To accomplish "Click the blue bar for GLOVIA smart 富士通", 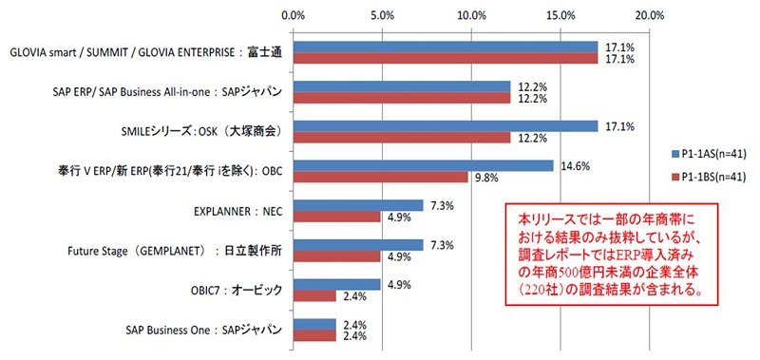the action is [x=445, y=47].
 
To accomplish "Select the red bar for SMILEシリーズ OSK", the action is [x=401, y=137].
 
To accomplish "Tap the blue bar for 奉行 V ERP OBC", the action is [x=423, y=165].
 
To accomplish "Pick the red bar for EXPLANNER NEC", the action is [x=336, y=217].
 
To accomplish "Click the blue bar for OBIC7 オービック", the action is [x=336, y=285].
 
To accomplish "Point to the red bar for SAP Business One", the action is [x=314, y=335].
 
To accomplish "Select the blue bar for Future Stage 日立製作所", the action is [x=358, y=245].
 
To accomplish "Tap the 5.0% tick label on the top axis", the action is [x=383, y=14].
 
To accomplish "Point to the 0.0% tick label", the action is [x=293, y=14].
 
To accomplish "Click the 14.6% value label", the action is [x=575, y=166].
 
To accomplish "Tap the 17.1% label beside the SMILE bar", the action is [x=619, y=127].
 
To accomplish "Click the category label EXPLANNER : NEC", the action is [x=237, y=212].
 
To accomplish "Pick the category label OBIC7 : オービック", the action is [x=236, y=291].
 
